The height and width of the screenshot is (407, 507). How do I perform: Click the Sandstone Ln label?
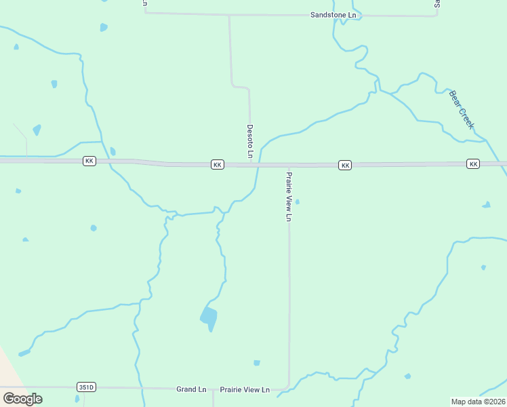pyautogui.click(x=333, y=14)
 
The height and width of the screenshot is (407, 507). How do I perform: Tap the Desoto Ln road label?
pyautogui.click(x=250, y=141)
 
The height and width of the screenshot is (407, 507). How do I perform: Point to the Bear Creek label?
pyautogui.click(x=462, y=110)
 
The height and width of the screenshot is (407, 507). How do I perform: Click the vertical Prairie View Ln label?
pyautogui.click(x=289, y=196)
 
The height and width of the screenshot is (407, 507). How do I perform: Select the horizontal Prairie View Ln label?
pyautogui.click(x=245, y=390)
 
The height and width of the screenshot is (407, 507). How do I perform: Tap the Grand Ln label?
pyautogui.click(x=191, y=389)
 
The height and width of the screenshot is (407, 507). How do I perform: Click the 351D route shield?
pyautogui.click(x=86, y=387)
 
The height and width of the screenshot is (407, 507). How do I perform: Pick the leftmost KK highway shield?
pyautogui.click(x=89, y=161)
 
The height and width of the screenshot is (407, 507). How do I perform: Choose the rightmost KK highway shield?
pyautogui.click(x=473, y=164)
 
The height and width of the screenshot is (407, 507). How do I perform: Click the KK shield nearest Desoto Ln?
pyautogui.click(x=217, y=165)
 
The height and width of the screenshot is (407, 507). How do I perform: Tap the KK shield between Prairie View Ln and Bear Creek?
pyautogui.click(x=345, y=166)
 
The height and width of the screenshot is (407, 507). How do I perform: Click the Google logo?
pyautogui.click(x=22, y=398)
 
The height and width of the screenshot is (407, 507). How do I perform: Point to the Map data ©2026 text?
pyautogui.click(x=478, y=402)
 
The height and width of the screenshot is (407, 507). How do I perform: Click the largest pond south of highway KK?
pyautogui.click(x=209, y=317)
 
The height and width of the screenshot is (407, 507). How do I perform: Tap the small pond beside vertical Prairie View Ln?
pyautogui.click(x=297, y=201)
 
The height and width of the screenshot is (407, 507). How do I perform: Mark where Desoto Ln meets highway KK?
pyautogui.click(x=251, y=164)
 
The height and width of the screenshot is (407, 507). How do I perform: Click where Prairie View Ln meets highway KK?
pyautogui.click(x=289, y=166)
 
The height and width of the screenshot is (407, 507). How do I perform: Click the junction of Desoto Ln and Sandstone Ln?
pyautogui.click(x=230, y=14)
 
